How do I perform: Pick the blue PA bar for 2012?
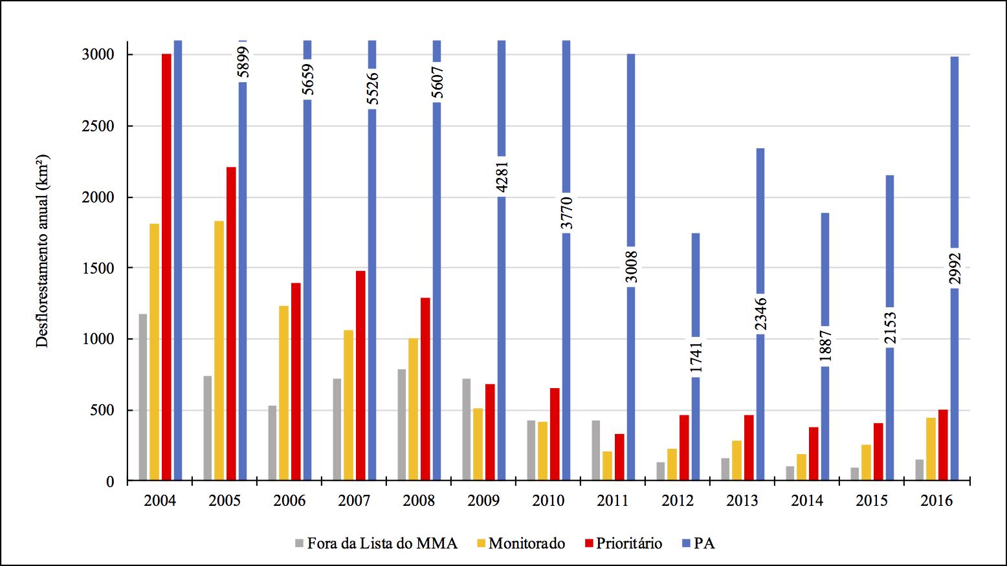pos(696,291)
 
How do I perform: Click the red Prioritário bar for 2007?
pos(360,376)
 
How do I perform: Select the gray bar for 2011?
pos(595,450)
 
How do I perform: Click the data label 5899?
pos(243,61)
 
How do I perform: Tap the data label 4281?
pos(502,177)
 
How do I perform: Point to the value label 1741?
pos(696,356)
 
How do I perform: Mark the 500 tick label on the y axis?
pos(103,410)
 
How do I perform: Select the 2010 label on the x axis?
pos(548,501)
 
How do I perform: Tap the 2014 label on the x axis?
pos(807,501)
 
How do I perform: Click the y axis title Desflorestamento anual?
pos(43,251)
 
